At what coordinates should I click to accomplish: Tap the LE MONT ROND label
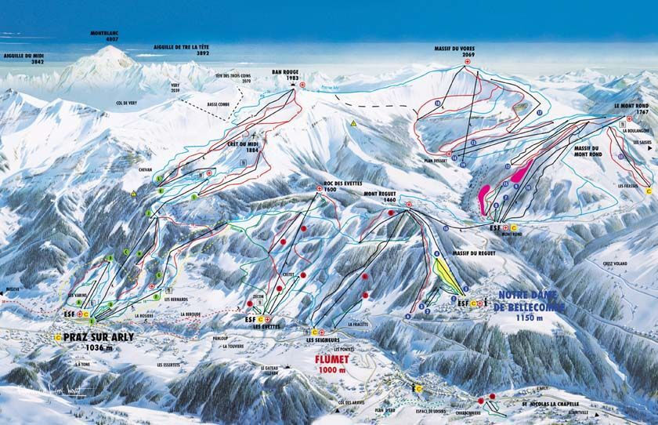pyautogui.click(x=630, y=107)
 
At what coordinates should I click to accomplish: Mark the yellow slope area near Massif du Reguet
pyautogui.click(x=446, y=274)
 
